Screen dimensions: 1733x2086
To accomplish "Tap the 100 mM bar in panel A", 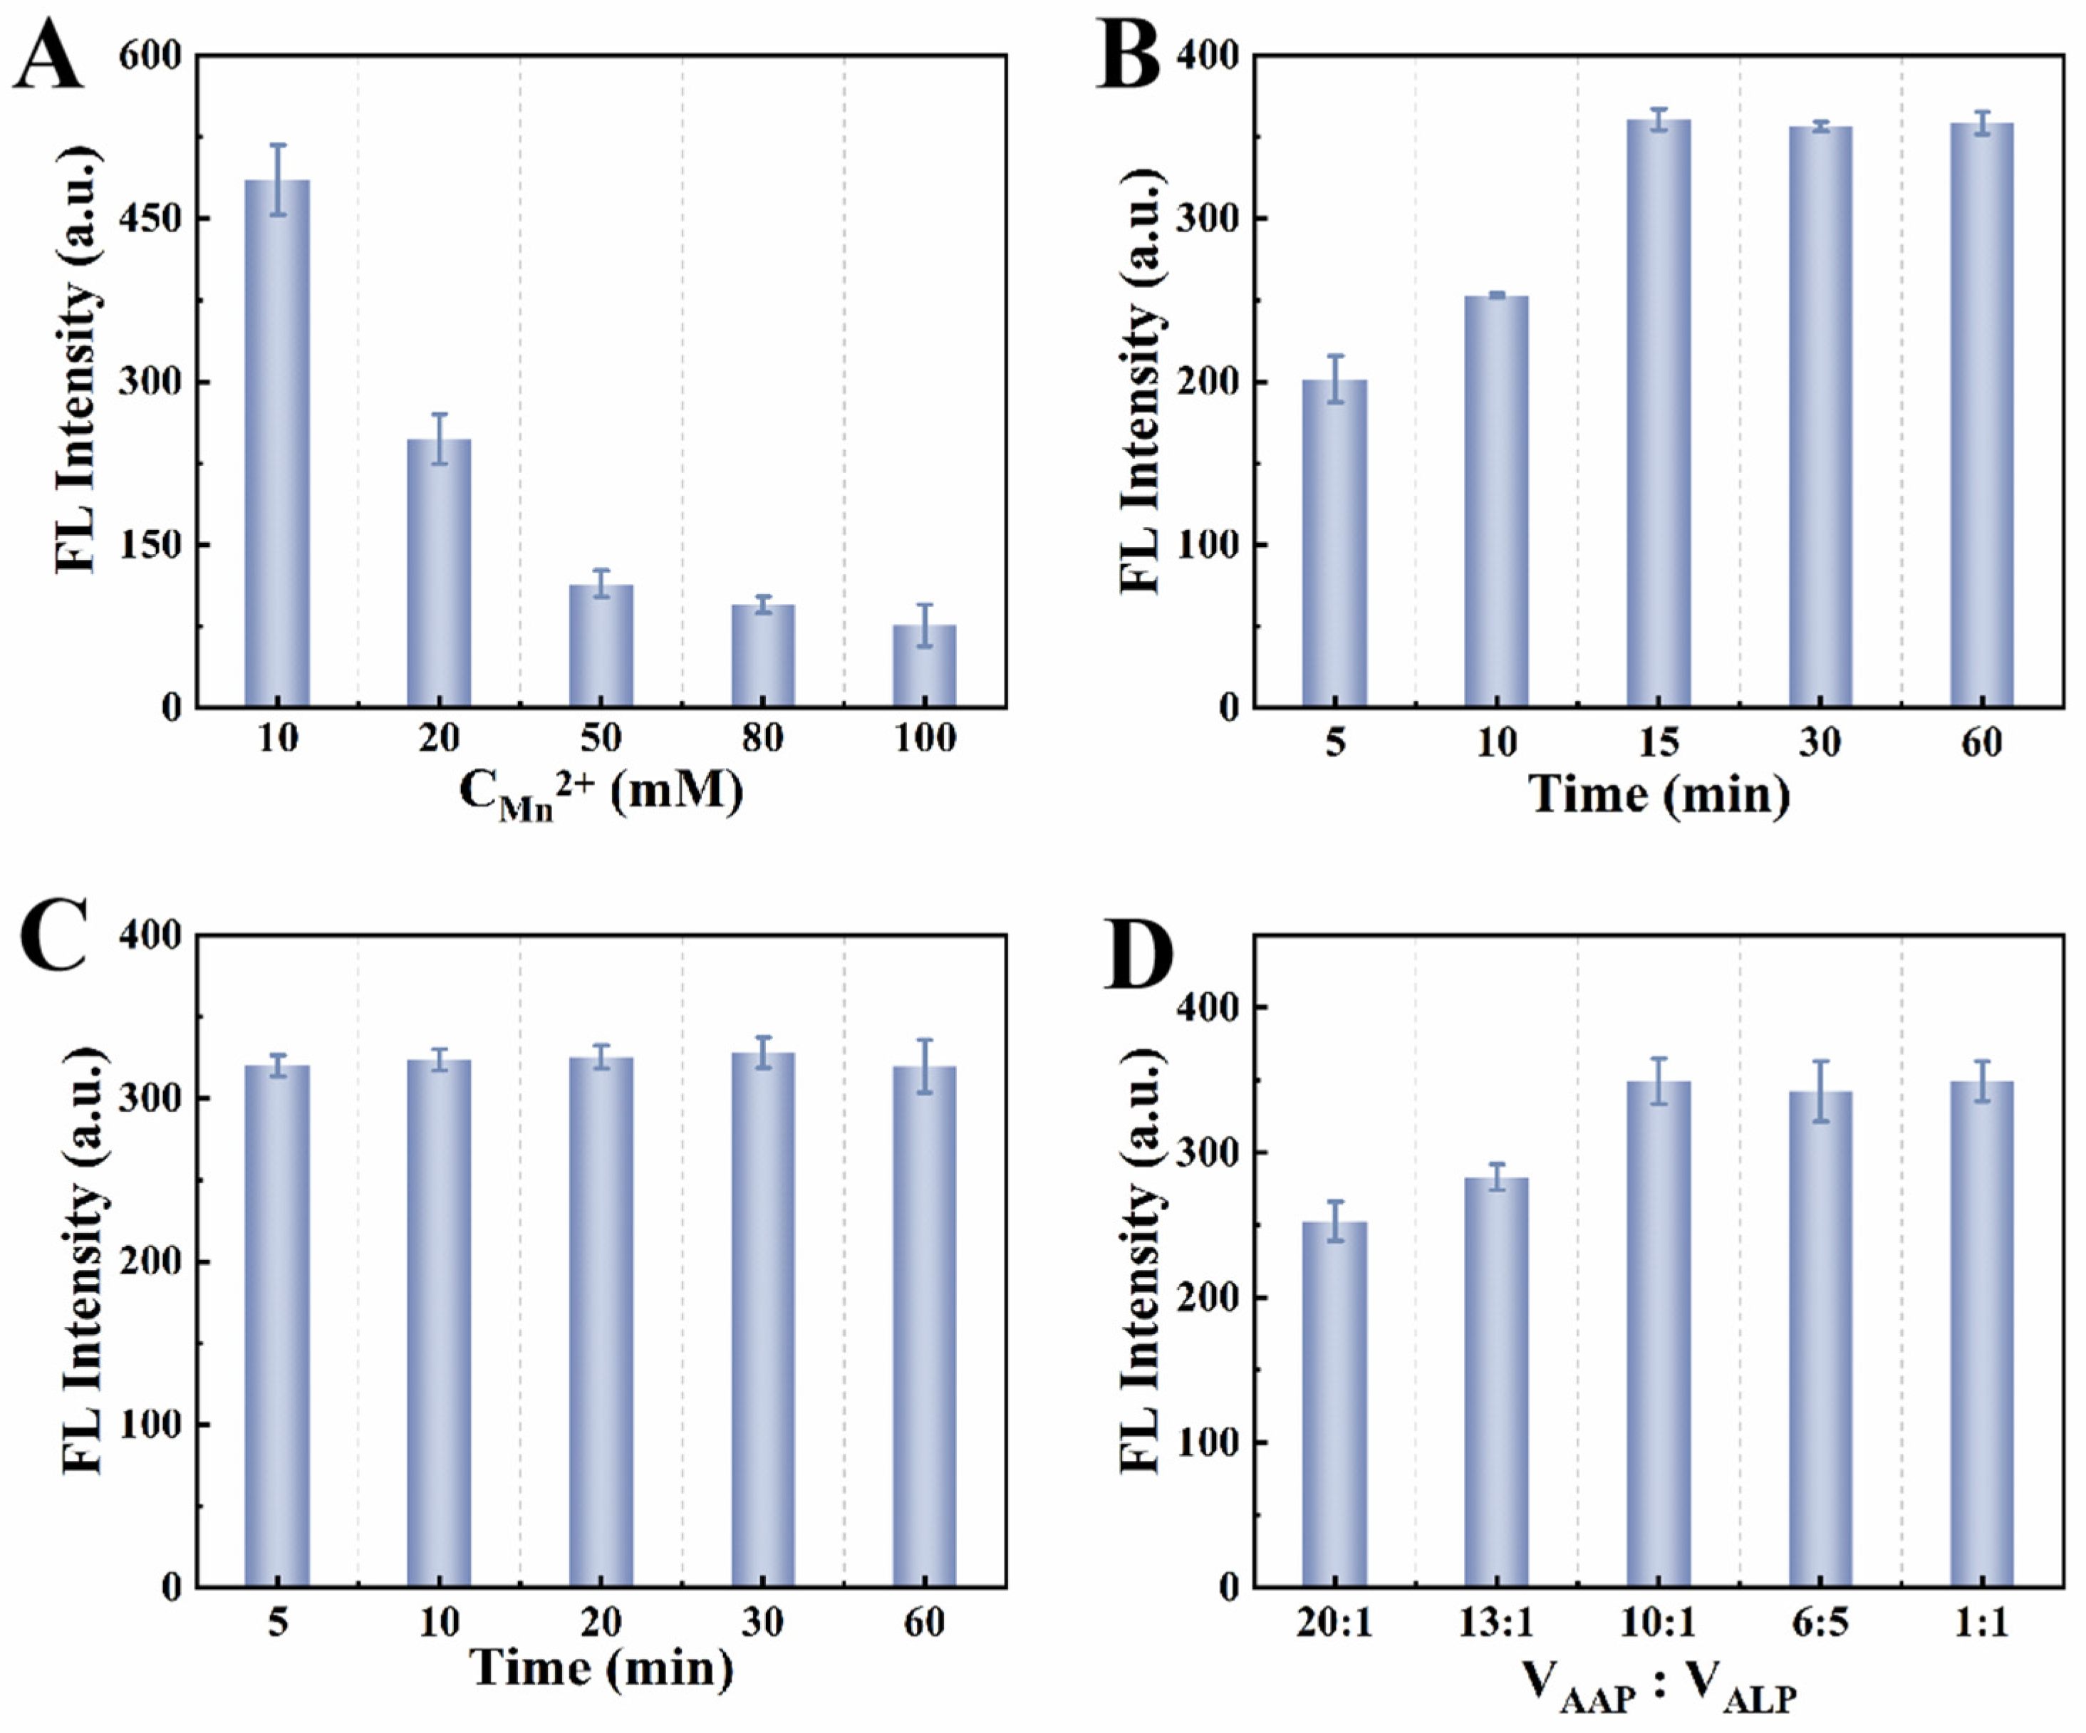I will (x=924, y=667).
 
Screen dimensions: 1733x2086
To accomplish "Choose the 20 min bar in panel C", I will (x=600, y=1321).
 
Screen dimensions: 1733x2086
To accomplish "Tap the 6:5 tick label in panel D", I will (x=1819, y=1623).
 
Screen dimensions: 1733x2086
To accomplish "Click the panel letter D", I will (x=1137, y=958).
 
